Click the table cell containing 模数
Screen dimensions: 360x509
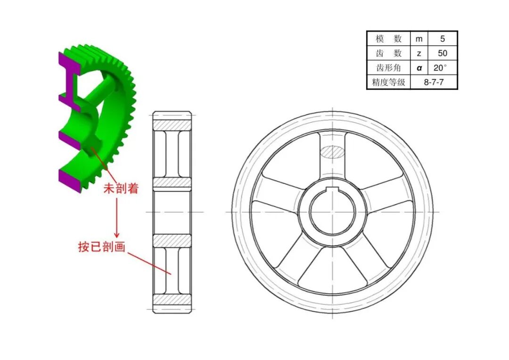388,39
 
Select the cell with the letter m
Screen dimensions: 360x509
419,39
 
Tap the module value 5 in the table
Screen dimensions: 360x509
442,39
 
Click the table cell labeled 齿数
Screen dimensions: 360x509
388,53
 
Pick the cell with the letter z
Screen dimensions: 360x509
419,53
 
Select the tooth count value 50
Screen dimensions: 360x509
442,53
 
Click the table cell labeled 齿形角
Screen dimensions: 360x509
388,67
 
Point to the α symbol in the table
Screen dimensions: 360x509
419,68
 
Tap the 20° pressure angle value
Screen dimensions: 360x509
442,67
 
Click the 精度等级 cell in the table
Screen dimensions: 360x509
388,82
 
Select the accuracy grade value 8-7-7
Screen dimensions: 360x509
434,82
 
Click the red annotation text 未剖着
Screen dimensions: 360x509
121,189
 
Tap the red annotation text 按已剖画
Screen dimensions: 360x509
102,246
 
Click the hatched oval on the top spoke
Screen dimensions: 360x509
333,152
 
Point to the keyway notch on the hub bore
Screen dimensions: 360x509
333,190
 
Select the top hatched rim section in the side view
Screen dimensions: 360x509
172,125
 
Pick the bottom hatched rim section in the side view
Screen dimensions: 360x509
172,300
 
